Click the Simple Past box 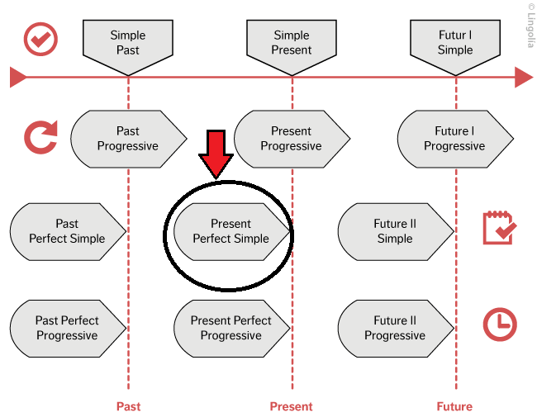click(x=127, y=42)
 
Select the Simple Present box click(x=292, y=42)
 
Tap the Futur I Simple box click(x=455, y=42)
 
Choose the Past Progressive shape click(x=128, y=139)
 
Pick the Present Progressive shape click(x=291, y=139)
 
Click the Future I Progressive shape click(x=454, y=139)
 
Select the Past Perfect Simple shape click(x=67, y=231)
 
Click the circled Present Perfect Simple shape click(x=230, y=231)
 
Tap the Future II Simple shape click(x=395, y=231)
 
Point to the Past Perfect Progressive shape click(x=67, y=328)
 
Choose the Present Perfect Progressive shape click(x=230, y=328)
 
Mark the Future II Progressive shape click(x=395, y=328)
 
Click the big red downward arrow click(x=217, y=154)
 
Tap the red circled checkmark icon click(x=40, y=39)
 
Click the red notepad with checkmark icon click(x=499, y=228)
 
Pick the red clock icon click(x=500, y=325)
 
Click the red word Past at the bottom click(x=128, y=406)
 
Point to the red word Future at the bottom click(x=454, y=406)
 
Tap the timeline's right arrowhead click(x=524, y=78)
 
